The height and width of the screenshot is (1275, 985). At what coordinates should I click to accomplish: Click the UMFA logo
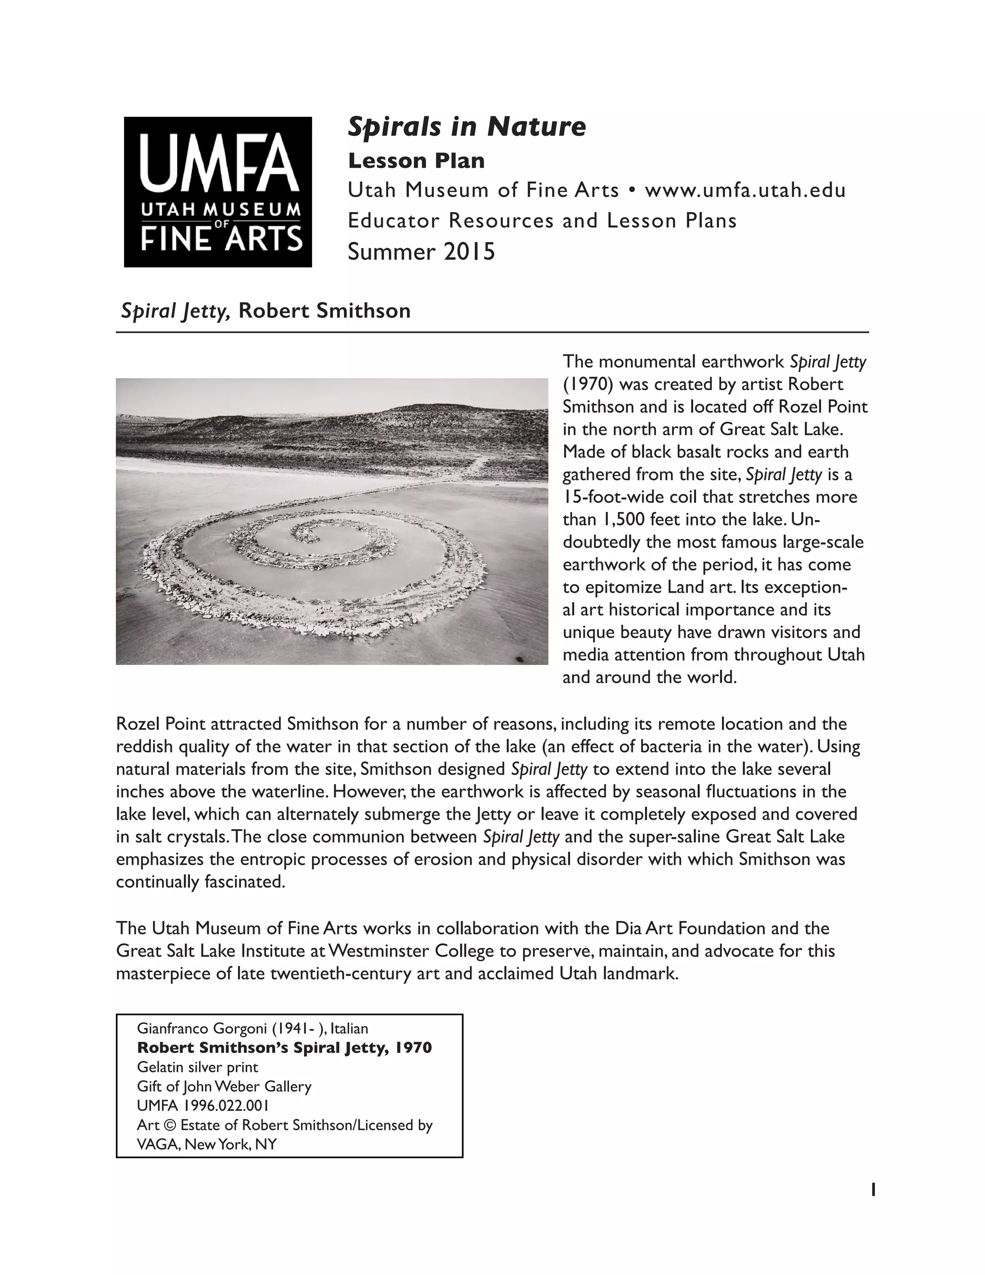pyautogui.click(x=218, y=191)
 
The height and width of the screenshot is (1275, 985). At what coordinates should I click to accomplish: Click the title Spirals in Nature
pyautogui.click(x=466, y=127)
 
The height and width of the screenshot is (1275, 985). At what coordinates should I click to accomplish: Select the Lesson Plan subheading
pyautogui.click(x=416, y=161)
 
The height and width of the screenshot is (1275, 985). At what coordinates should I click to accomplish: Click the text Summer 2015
pyautogui.click(x=421, y=252)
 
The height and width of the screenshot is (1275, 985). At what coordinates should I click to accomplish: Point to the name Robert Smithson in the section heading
pyautogui.click(x=325, y=311)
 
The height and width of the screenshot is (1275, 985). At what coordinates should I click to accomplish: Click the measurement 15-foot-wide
pyautogui.click(x=623, y=497)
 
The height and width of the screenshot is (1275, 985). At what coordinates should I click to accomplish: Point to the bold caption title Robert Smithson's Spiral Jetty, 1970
pyautogui.click(x=284, y=1047)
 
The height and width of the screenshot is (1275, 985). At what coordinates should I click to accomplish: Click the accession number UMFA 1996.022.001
pyautogui.click(x=202, y=1105)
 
